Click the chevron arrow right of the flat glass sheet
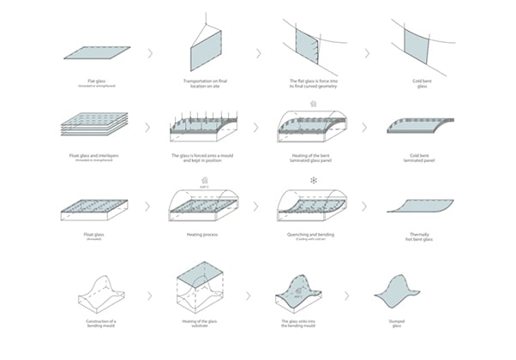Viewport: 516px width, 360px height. (149, 53)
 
